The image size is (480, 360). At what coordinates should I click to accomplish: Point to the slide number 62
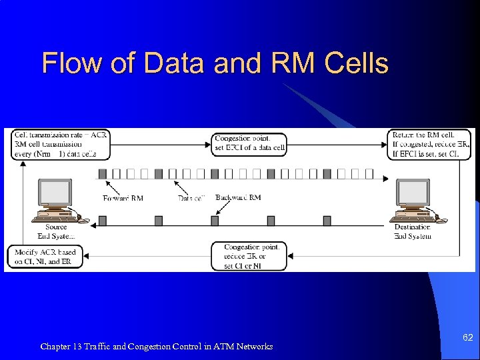(467, 338)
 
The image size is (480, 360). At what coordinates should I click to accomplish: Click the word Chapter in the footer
(56, 347)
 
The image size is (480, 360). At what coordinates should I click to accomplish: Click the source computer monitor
(55, 194)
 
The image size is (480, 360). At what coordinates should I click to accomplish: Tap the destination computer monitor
(413, 194)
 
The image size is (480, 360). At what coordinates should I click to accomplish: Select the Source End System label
(56, 231)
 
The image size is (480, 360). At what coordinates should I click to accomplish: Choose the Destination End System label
(412, 231)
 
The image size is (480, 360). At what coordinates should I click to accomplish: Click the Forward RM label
(123, 198)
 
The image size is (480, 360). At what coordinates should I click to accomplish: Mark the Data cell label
(191, 198)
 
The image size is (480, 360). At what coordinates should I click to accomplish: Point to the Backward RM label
(238, 197)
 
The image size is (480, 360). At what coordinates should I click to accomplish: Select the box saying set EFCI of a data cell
(249, 144)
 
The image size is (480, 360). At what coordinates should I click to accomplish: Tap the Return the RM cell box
(430, 144)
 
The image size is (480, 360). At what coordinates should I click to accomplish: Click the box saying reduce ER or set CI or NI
(249, 257)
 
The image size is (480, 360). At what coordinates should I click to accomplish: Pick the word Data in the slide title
(174, 63)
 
